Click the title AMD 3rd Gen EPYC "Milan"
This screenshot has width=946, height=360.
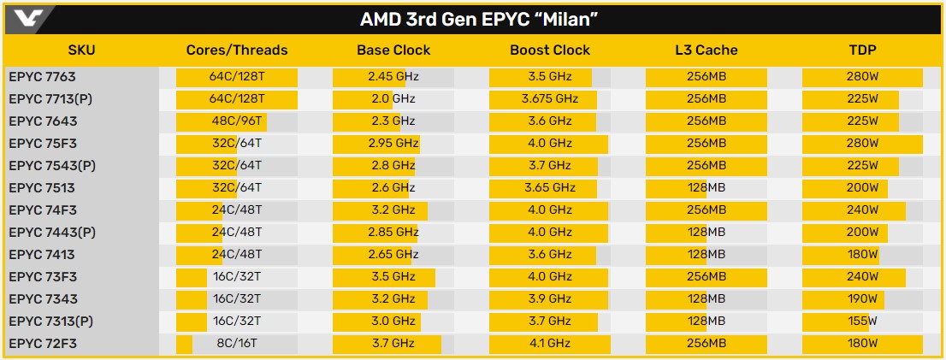tap(473, 20)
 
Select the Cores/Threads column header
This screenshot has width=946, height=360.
tap(237, 50)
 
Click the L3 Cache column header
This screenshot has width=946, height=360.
tap(706, 50)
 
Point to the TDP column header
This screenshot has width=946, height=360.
tap(863, 50)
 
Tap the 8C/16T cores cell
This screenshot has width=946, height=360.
tap(237, 344)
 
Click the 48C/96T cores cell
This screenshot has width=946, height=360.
tap(237, 121)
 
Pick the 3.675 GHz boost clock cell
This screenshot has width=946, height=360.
tap(550, 99)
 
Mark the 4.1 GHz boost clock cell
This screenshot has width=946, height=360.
tap(550, 344)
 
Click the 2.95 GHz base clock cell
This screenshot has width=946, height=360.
tap(393, 144)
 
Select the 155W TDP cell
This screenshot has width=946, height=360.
tap(863, 322)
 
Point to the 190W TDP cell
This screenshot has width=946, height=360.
tap(863, 299)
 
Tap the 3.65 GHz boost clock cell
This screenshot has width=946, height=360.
tap(550, 188)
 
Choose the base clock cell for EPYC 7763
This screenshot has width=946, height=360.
tap(393, 77)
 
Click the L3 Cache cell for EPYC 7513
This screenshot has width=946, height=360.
tap(706, 188)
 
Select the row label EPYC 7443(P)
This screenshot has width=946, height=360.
tap(50, 233)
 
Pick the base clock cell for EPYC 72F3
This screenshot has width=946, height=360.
tap(393, 344)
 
